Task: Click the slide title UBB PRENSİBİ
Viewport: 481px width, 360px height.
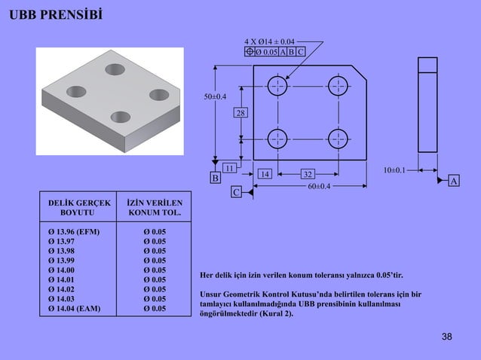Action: pyautogui.click(x=57, y=16)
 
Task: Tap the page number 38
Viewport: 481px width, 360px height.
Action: pyautogui.click(x=447, y=336)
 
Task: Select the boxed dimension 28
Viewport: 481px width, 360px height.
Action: pyautogui.click(x=240, y=113)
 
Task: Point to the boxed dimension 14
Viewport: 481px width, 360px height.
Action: pyautogui.click(x=264, y=174)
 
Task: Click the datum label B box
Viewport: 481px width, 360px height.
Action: pyautogui.click(x=215, y=178)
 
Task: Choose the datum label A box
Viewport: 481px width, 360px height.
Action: pyautogui.click(x=453, y=182)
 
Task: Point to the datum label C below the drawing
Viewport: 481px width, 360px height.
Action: pyautogui.click(x=236, y=193)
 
